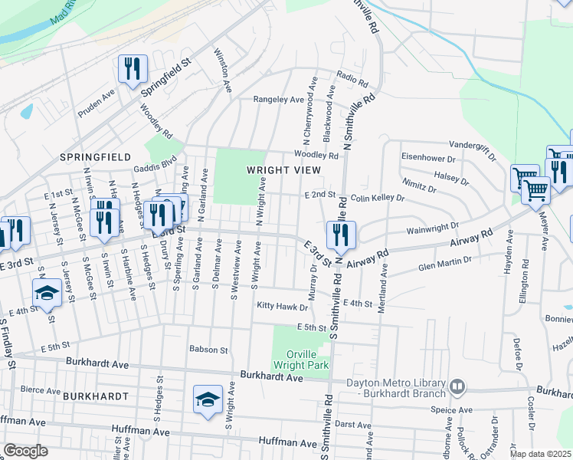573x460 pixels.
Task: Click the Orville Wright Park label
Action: (301, 360)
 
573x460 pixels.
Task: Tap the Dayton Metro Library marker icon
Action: (457, 386)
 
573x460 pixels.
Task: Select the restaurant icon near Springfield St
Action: (133, 70)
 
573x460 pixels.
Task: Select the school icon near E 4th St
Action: (47, 293)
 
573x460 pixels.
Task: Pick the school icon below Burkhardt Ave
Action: (207, 399)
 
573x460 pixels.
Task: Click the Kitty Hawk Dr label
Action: (282, 307)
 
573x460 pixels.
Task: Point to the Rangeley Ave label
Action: (280, 99)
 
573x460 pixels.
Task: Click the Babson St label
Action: (209, 350)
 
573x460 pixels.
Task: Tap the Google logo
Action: (26, 451)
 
